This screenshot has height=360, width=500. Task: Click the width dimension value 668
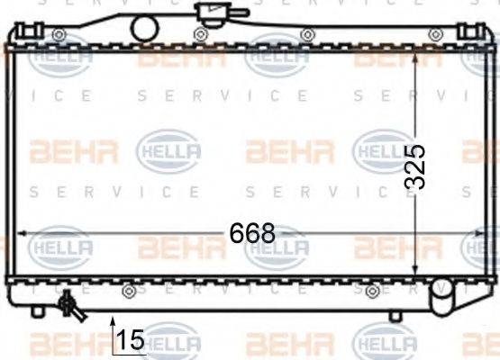(251, 233)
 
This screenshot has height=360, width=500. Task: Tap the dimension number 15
(131, 339)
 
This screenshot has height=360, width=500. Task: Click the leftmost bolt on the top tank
(59, 35)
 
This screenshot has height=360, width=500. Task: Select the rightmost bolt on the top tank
(435, 34)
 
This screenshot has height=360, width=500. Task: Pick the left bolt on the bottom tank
(129, 290)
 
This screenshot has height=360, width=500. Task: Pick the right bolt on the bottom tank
(372, 290)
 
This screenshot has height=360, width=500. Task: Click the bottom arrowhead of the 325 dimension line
(414, 272)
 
